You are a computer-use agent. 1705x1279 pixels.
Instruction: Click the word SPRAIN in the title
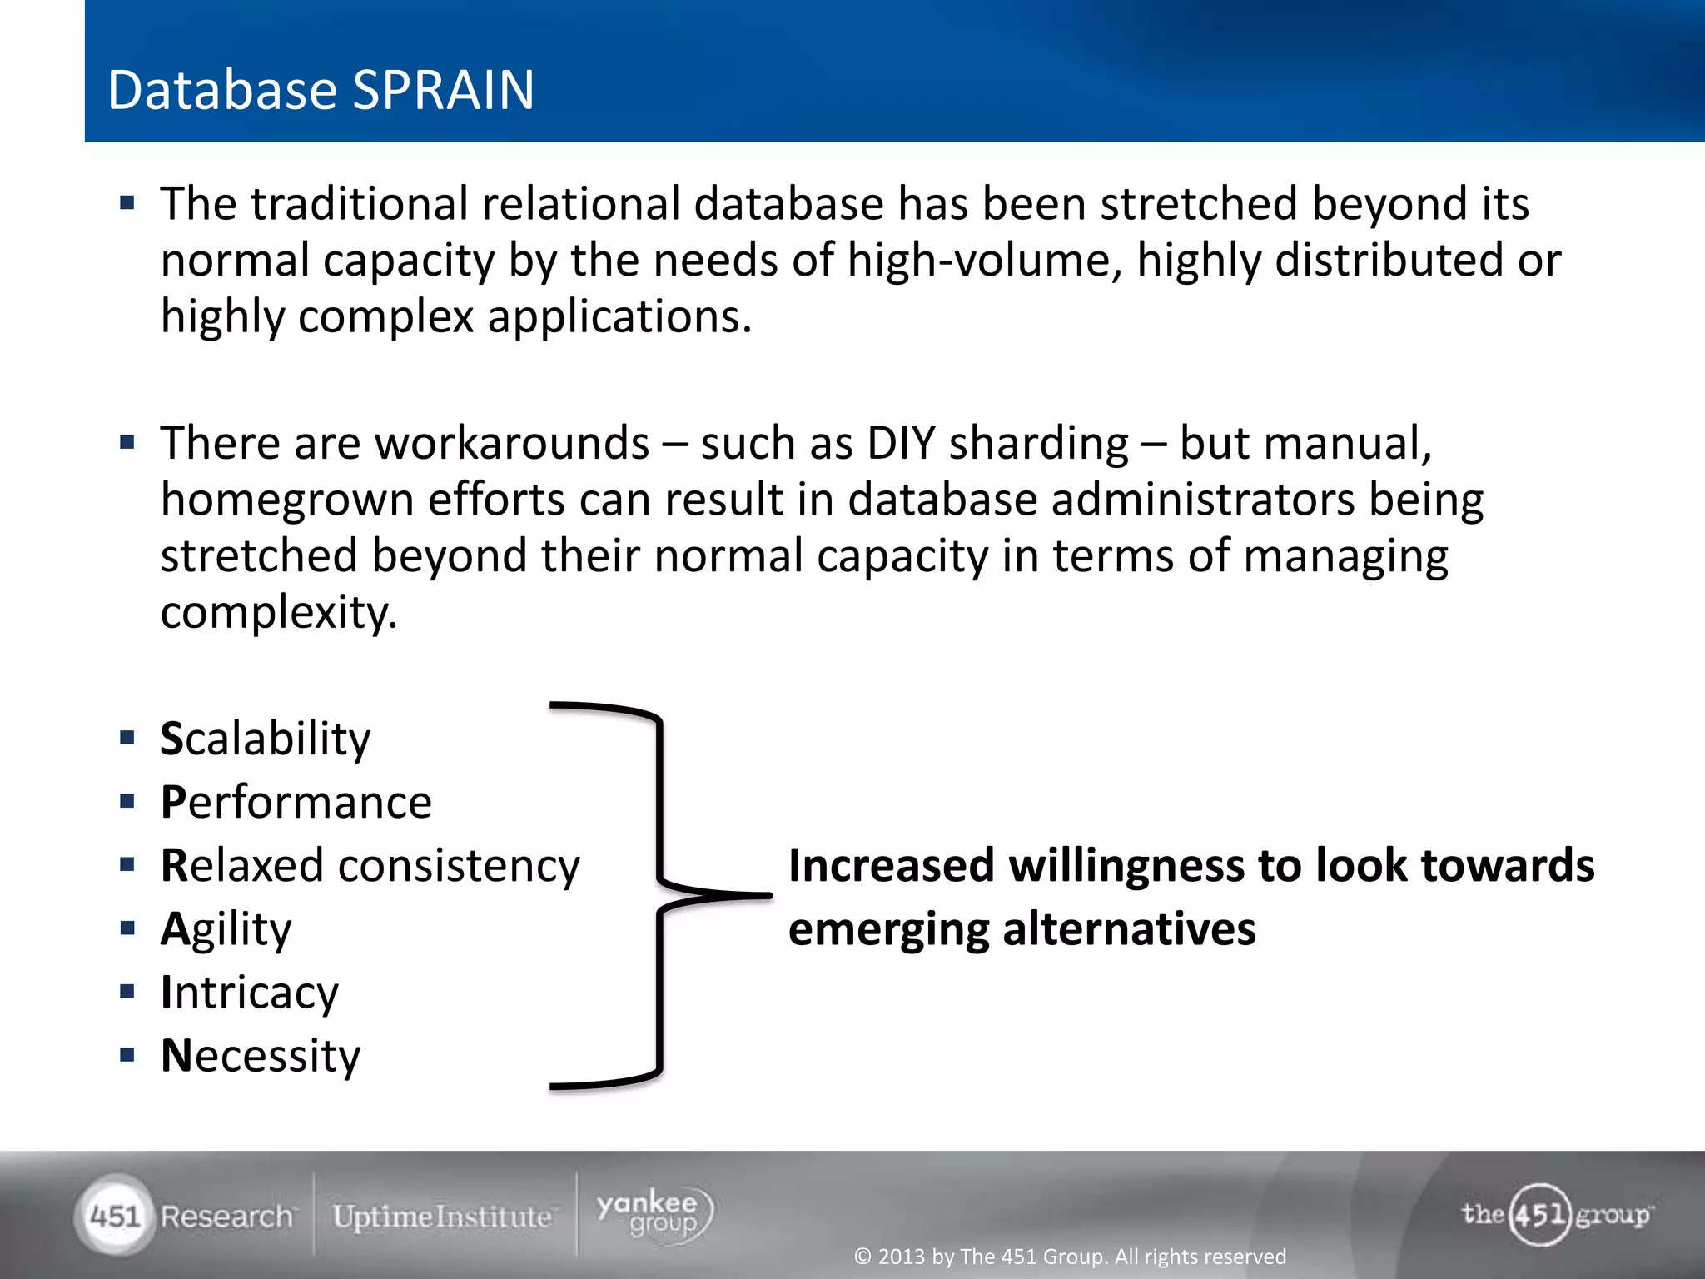(x=443, y=90)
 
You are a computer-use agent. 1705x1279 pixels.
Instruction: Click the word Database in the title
(x=223, y=90)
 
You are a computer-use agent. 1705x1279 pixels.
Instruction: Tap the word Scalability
(x=265, y=739)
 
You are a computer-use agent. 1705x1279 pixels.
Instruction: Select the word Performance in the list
(x=296, y=803)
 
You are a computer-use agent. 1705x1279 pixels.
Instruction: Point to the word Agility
(x=226, y=929)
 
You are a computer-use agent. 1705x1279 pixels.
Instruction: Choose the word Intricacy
(x=249, y=993)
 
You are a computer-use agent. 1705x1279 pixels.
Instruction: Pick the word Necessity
(x=260, y=1056)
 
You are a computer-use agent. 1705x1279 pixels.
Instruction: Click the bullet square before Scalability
(x=127, y=738)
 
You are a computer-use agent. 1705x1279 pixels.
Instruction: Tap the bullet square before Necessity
(x=127, y=1056)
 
